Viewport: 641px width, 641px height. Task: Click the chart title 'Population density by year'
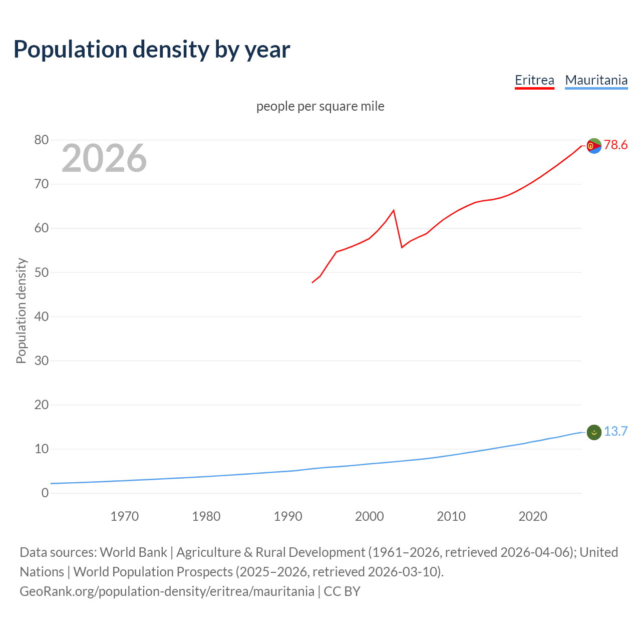(152, 50)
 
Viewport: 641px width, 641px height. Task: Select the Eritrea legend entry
(534, 80)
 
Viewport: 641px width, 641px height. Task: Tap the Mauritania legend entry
(596, 80)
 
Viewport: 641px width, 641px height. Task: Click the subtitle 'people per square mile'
(320, 106)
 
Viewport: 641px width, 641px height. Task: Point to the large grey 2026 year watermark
(104, 158)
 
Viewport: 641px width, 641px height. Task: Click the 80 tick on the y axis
(42, 140)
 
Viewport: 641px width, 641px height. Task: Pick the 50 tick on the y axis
(42, 272)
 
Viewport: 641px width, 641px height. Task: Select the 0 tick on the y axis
(45, 493)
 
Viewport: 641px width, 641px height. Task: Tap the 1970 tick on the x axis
(124, 516)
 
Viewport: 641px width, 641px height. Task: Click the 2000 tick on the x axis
(369, 516)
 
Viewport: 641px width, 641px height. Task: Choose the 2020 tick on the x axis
(532, 516)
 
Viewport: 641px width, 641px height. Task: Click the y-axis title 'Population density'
(21, 310)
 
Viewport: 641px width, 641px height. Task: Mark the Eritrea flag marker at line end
(593, 146)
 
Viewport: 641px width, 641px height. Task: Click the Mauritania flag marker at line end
(593, 432)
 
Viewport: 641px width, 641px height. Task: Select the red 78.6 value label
(615, 145)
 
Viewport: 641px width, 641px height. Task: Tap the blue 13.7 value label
(615, 432)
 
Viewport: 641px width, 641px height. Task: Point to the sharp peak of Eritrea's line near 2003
(394, 210)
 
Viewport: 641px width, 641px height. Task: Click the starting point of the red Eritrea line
(312, 282)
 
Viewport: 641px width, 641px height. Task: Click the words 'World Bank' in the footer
(133, 552)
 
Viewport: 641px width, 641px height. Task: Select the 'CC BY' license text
(342, 591)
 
